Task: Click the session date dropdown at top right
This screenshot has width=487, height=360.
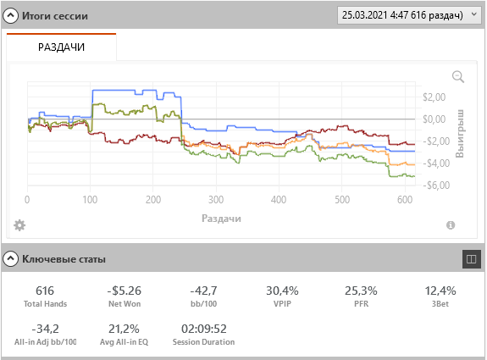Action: pos(409,15)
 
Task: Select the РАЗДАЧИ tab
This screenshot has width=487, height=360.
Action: pos(62,47)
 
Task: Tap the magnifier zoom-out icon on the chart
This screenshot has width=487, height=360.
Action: pos(458,77)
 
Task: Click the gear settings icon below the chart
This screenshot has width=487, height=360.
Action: pos(19,225)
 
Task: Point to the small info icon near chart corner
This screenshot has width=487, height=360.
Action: pos(451,224)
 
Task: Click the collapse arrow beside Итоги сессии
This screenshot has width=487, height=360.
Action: pos(10,15)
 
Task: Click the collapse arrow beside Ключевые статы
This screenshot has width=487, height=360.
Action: pos(10,258)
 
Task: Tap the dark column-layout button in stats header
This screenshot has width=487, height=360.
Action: pos(471,258)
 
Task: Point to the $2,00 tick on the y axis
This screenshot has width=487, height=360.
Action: pos(434,97)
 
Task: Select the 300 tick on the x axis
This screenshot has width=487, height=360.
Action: pos(216,199)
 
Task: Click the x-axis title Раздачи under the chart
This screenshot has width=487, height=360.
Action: pos(221,219)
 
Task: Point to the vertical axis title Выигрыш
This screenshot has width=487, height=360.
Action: pos(460,134)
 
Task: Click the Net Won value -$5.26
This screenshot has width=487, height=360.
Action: pos(125,291)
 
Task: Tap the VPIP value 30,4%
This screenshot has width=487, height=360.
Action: pos(282,291)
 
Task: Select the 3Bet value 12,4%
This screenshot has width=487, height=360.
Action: pos(440,291)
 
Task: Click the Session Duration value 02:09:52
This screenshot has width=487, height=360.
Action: pos(204,329)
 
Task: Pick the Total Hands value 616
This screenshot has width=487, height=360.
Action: pos(45,291)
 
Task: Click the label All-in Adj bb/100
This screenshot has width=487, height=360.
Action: pos(46,342)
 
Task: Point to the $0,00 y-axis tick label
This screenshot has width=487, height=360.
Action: pos(434,119)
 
